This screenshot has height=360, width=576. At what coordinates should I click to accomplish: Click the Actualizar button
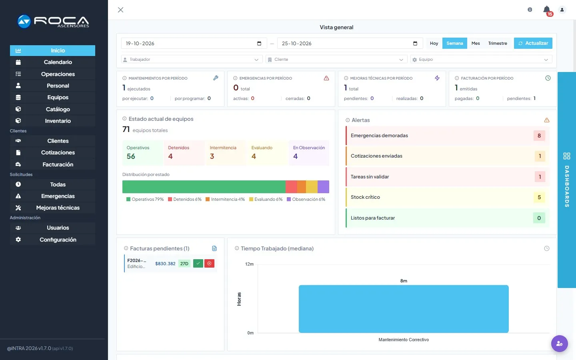pyautogui.click(x=533, y=43)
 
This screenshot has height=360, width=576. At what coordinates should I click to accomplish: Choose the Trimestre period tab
pyautogui.click(x=498, y=43)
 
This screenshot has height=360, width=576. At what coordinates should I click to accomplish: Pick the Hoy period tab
pyautogui.click(x=434, y=43)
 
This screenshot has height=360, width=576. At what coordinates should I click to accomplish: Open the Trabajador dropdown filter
pyautogui.click(x=192, y=59)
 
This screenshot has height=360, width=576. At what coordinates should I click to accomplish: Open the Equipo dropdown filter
pyautogui.click(x=481, y=59)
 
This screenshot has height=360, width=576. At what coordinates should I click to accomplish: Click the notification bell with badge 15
pyautogui.click(x=547, y=10)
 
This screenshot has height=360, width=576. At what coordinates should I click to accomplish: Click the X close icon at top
pyautogui.click(x=121, y=10)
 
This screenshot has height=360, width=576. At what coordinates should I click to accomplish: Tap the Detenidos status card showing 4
pyautogui.click(x=184, y=153)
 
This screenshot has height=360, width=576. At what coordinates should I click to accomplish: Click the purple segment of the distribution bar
pyautogui.click(x=323, y=187)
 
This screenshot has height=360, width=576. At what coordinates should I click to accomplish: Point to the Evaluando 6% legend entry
pyautogui.click(x=266, y=199)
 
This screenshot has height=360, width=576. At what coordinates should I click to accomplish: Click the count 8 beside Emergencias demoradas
pyautogui.click(x=539, y=136)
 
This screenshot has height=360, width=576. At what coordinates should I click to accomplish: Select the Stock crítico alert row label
pyautogui.click(x=365, y=197)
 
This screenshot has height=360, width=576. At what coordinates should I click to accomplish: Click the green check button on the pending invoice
pyautogui.click(x=198, y=263)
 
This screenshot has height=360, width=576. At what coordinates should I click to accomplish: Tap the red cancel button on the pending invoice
pyautogui.click(x=209, y=263)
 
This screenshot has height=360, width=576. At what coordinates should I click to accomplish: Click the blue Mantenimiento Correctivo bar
pyautogui.click(x=404, y=309)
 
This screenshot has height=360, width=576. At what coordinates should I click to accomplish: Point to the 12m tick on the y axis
pyautogui.click(x=250, y=264)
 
